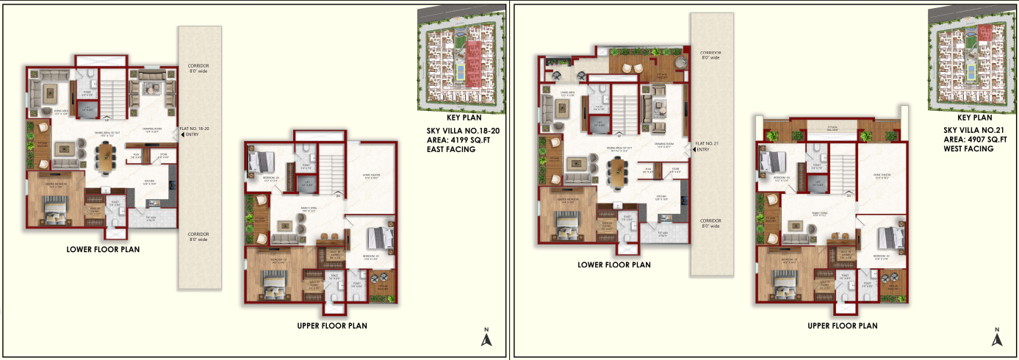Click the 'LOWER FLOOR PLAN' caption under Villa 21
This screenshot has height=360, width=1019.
click(613, 264)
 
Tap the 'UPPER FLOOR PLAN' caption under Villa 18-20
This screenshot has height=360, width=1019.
click(332, 325)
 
